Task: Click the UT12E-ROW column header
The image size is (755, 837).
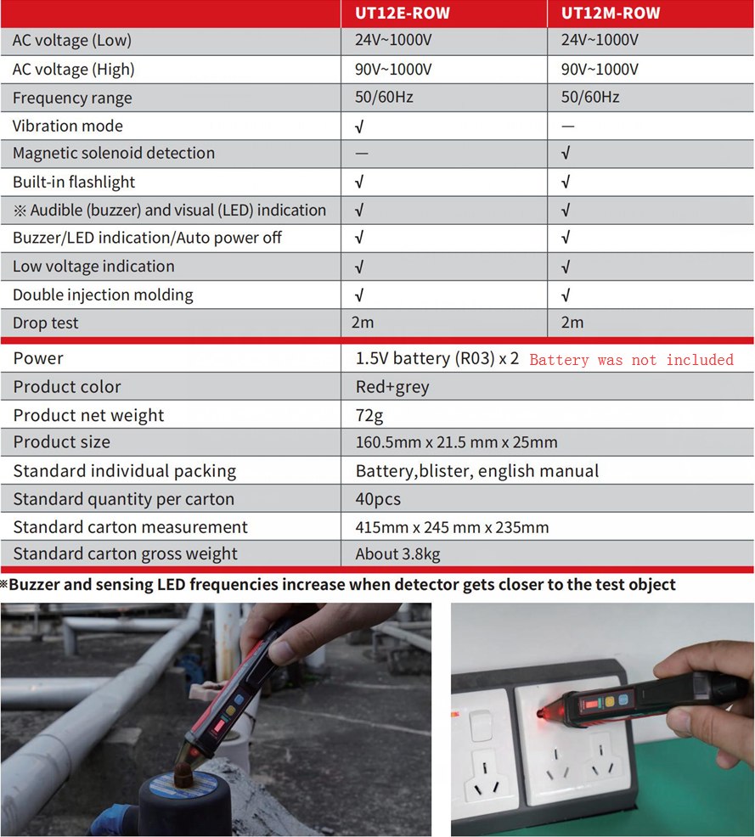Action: click(x=402, y=13)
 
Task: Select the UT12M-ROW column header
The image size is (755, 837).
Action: click(x=610, y=13)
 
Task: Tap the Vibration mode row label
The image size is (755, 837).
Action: click(x=68, y=126)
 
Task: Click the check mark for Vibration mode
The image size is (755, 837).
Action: click(x=359, y=126)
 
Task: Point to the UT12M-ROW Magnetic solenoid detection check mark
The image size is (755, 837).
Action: click(x=566, y=154)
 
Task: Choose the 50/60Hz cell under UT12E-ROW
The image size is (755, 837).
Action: click(x=384, y=97)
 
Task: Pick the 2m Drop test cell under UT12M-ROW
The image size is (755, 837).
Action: click(x=572, y=323)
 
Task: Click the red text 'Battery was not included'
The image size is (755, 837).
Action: click(x=631, y=360)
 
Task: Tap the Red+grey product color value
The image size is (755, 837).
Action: click(x=392, y=387)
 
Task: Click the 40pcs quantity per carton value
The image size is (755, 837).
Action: click(x=378, y=499)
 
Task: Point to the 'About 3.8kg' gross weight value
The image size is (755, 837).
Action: click(x=397, y=554)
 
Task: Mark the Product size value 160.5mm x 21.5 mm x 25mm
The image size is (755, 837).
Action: click(x=456, y=442)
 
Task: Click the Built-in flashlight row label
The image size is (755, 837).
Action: click(x=74, y=182)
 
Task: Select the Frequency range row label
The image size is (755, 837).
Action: click(x=72, y=98)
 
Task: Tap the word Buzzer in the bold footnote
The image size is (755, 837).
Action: click(x=37, y=585)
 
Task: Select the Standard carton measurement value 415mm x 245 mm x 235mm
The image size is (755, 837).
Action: click(x=452, y=527)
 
